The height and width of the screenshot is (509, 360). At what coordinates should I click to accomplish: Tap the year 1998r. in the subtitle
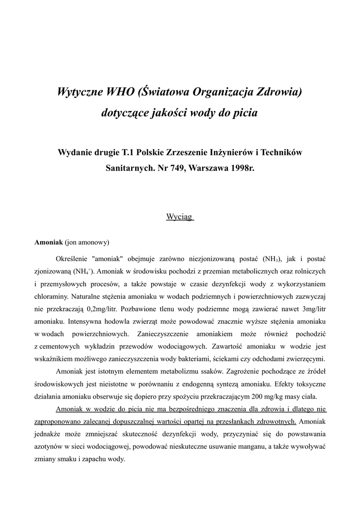click(242, 168)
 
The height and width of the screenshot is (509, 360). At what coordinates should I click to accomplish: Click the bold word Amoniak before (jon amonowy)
click(48, 243)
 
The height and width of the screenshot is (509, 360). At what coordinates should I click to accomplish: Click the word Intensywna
click(86, 321)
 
